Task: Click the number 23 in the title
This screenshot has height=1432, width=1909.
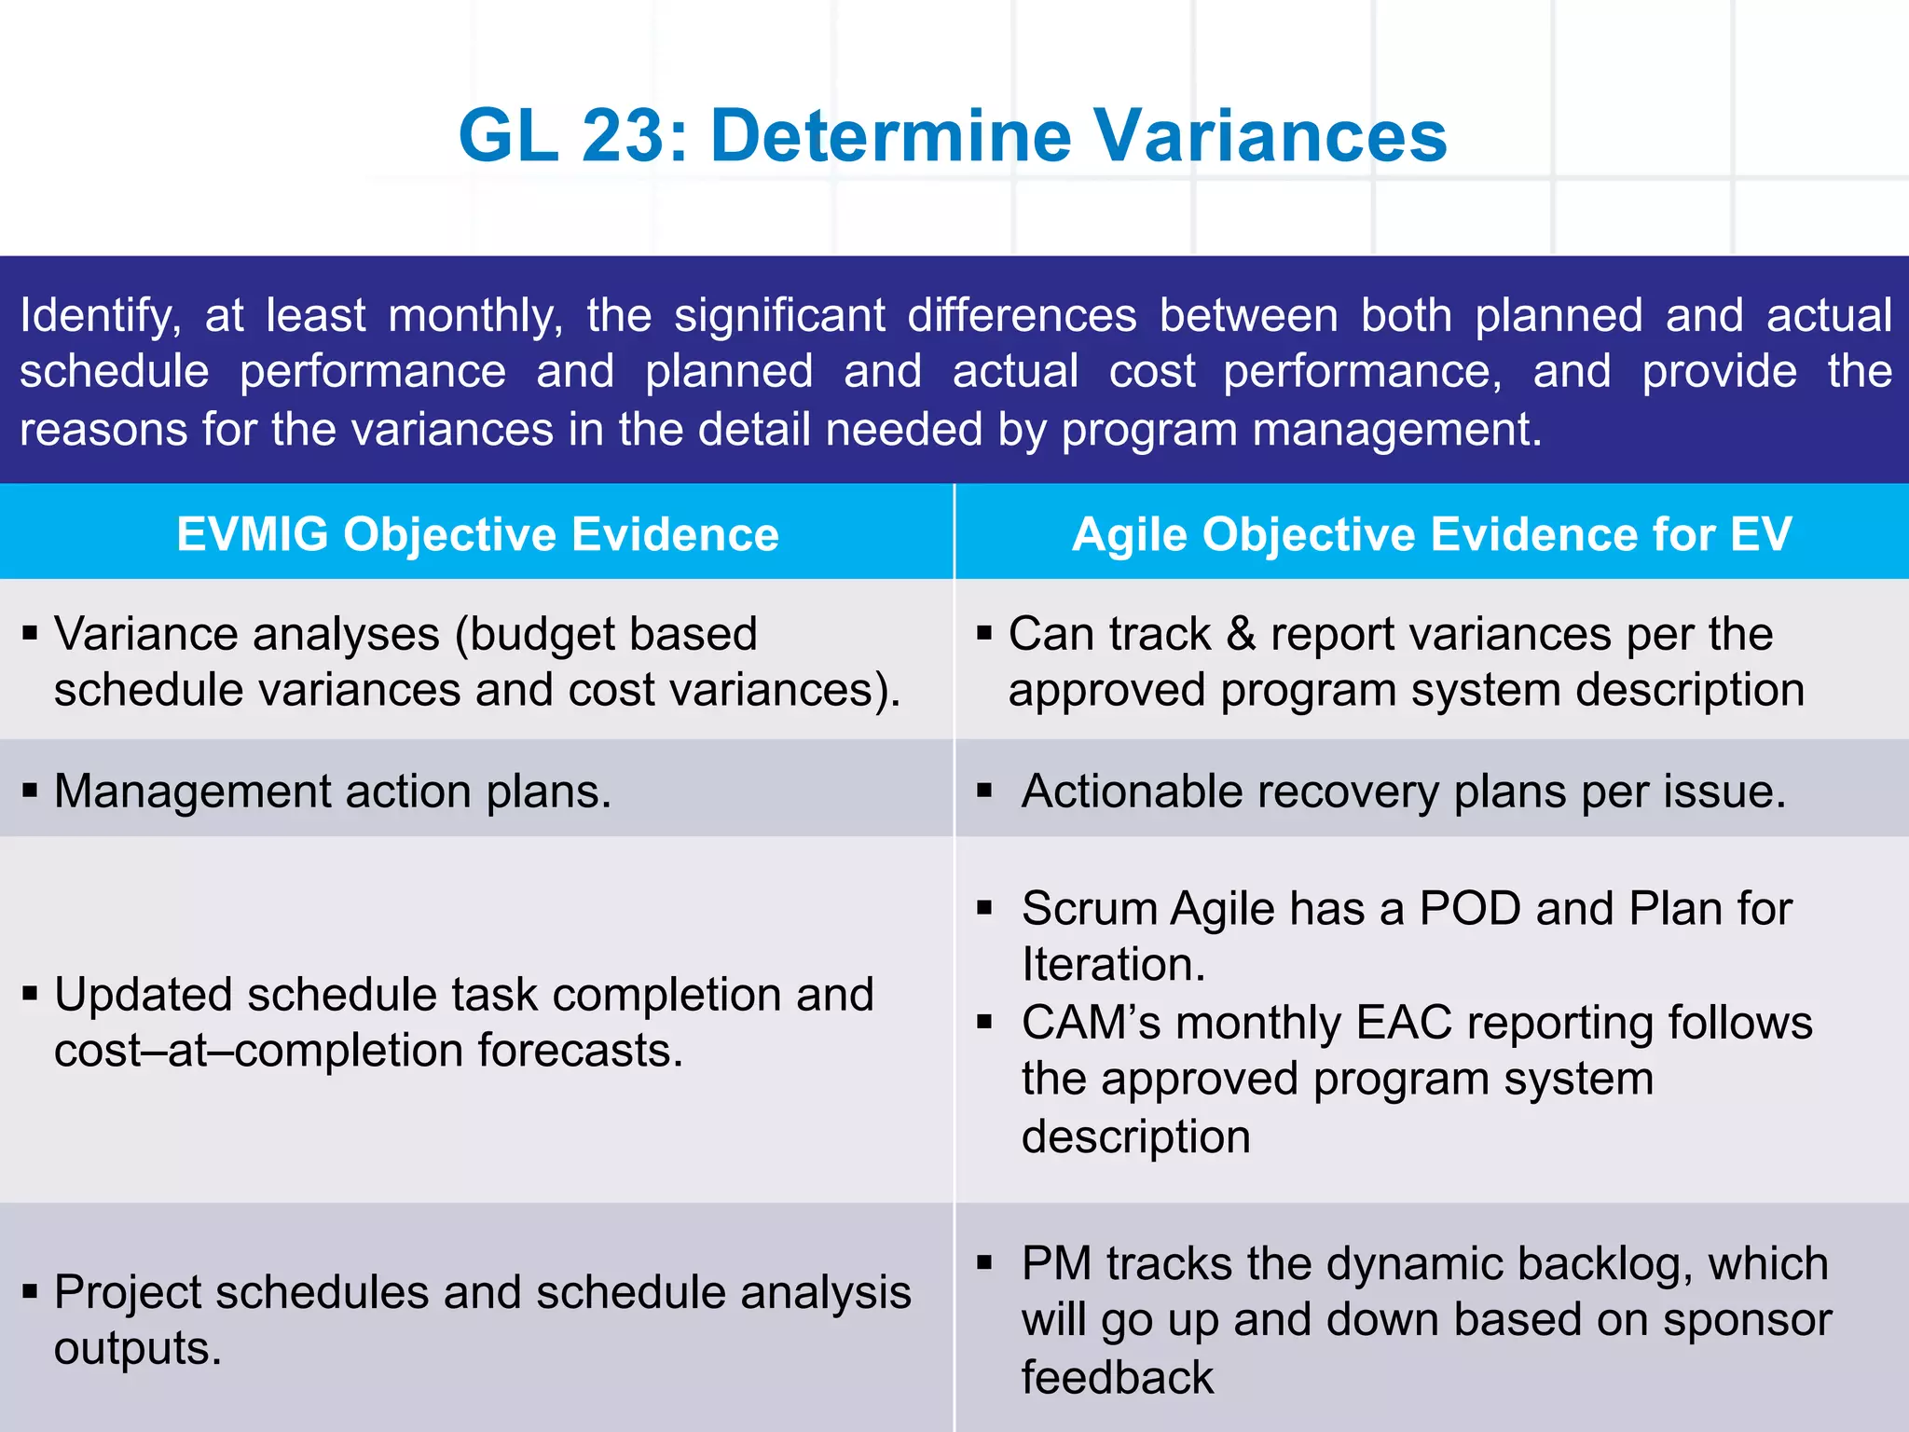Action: (x=623, y=136)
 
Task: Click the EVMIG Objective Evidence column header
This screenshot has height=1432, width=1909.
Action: (x=477, y=534)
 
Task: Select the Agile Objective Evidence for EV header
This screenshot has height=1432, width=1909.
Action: (x=1432, y=534)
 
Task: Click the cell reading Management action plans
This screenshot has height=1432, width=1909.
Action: (x=333, y=792)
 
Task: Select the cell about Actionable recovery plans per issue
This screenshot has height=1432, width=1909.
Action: (x=1403, y=792)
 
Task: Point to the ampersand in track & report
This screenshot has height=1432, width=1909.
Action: (x=1241, y=634)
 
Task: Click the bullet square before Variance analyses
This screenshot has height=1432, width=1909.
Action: (x=30, y=634)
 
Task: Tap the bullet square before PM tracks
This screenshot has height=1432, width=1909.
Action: (x=984, y=1263)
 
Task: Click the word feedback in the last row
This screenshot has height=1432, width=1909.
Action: (x=1117, y=1378)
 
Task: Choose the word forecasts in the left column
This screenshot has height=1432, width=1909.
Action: (x=580, y=1051)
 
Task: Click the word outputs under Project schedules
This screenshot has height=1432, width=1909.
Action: (x=137, y=1348)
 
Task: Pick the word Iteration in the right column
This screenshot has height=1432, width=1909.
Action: (x=1112, y=965)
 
